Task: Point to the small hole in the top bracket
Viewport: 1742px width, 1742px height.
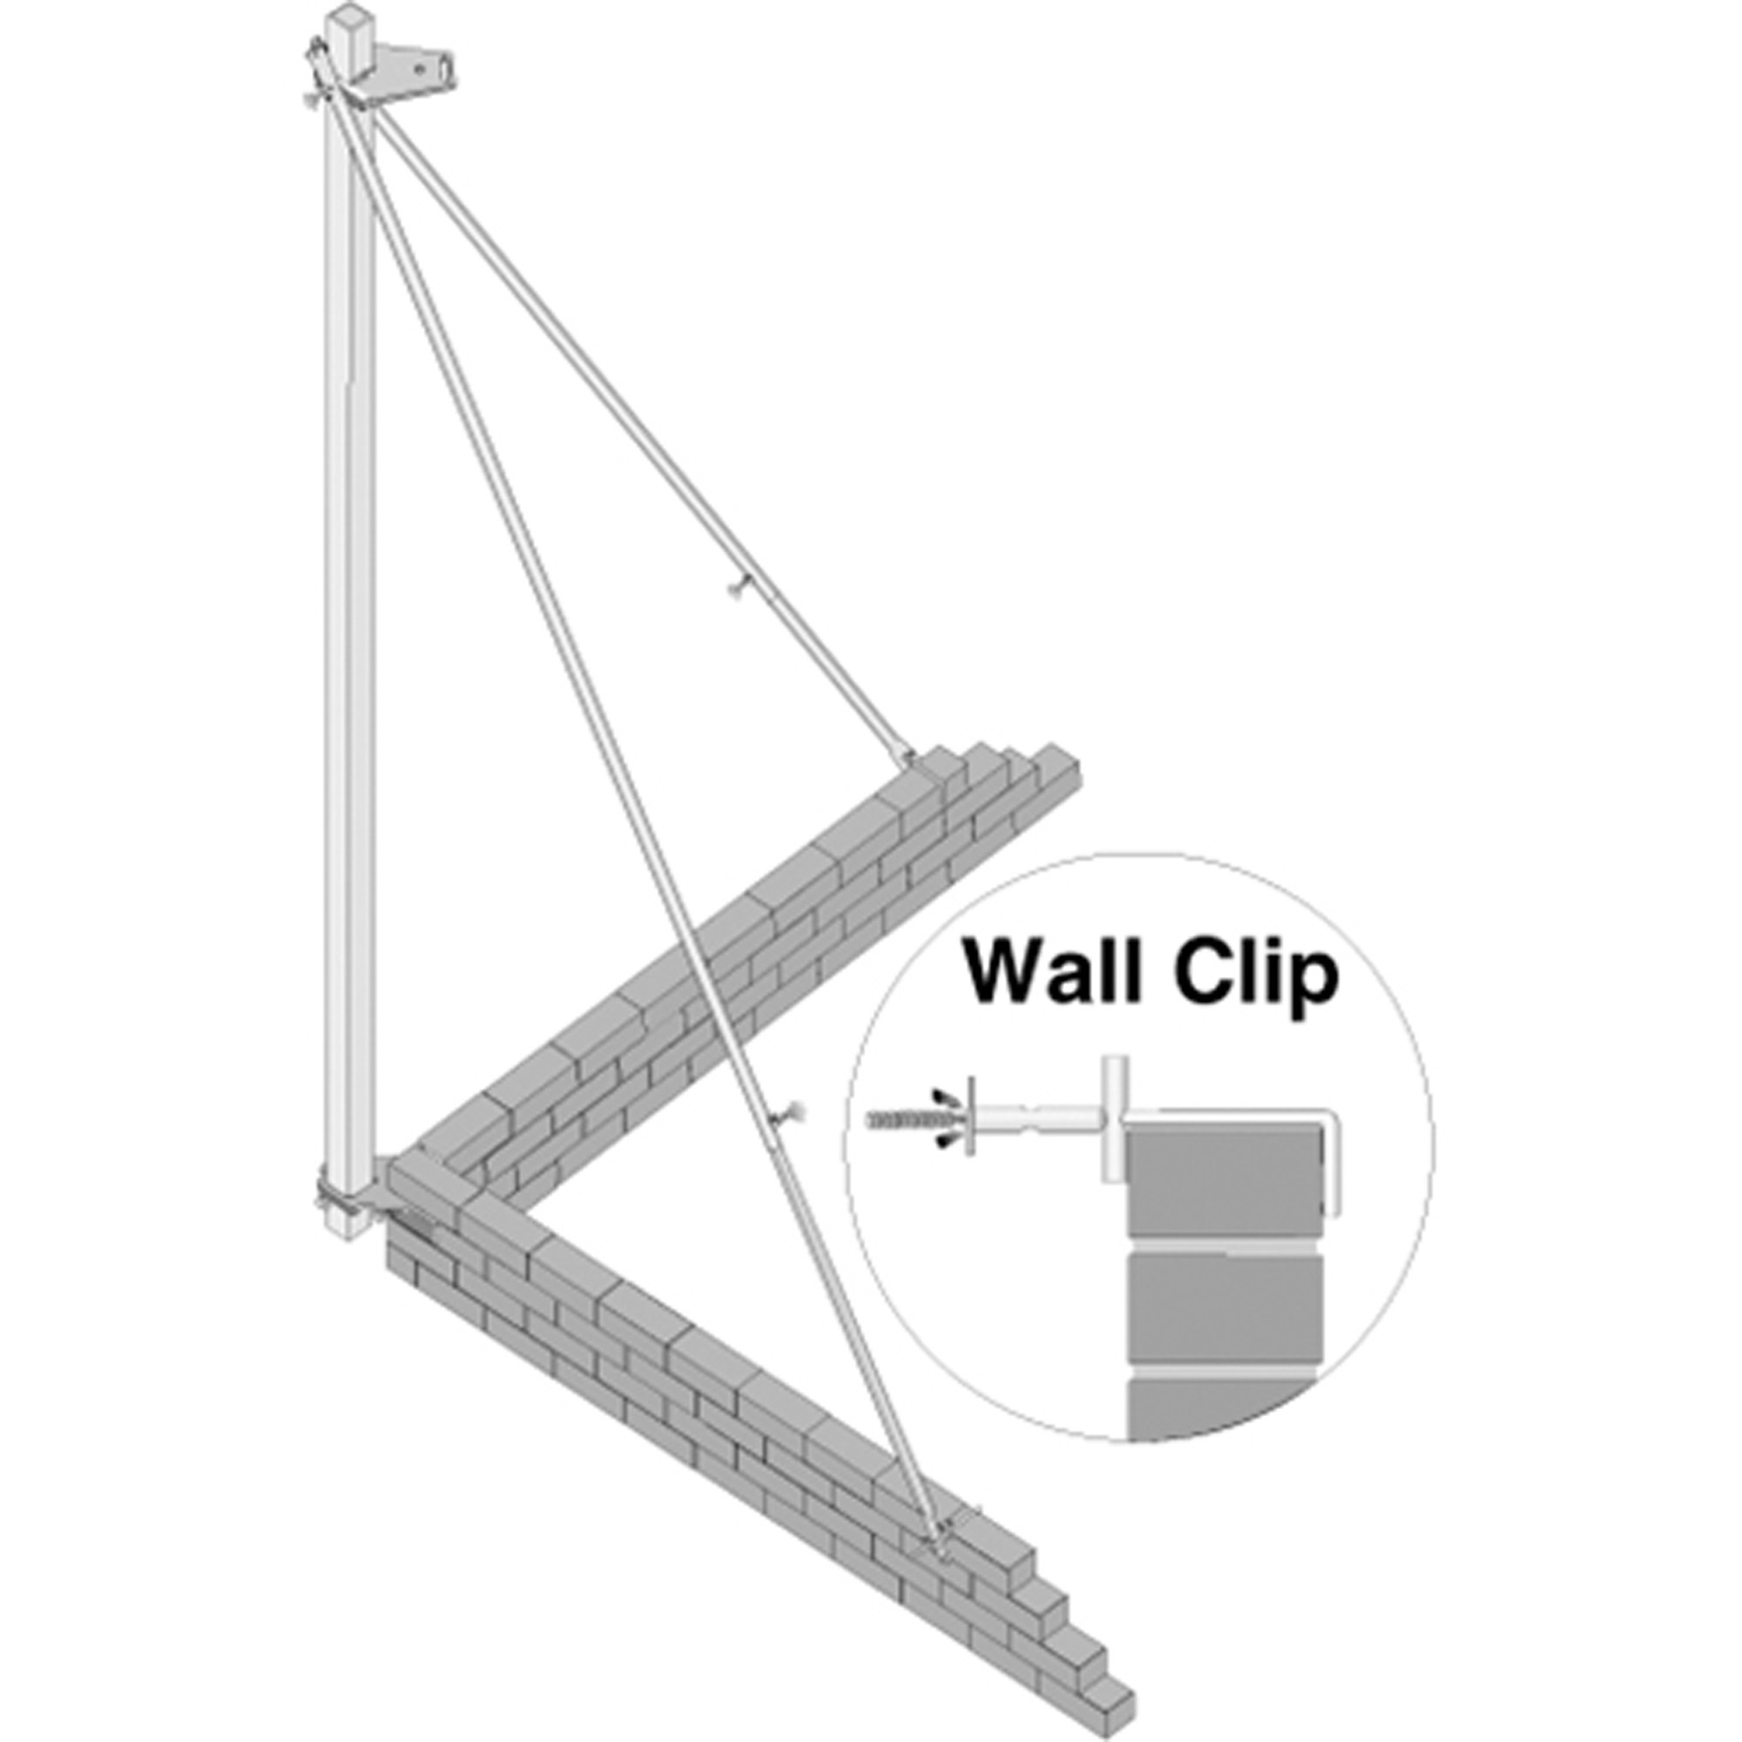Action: click(419, 67)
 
